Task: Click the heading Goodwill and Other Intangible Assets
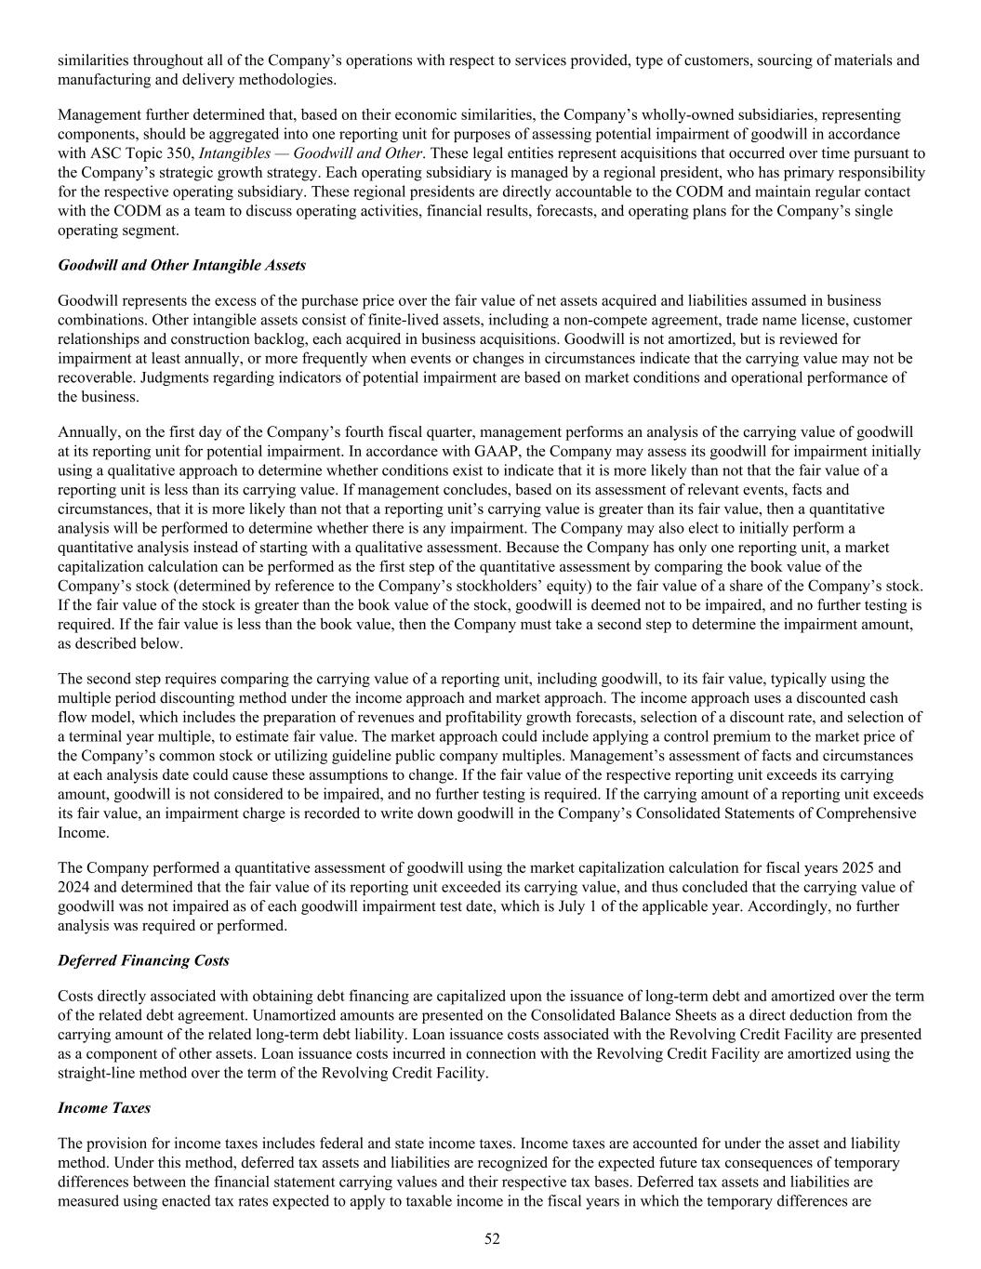[181, 265]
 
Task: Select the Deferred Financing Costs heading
[143, 960]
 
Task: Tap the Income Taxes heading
[104, 1107]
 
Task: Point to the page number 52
[492, 1238]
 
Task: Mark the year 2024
[73, 887]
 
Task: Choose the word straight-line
[98, 1073]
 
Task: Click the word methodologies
[290, 80]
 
